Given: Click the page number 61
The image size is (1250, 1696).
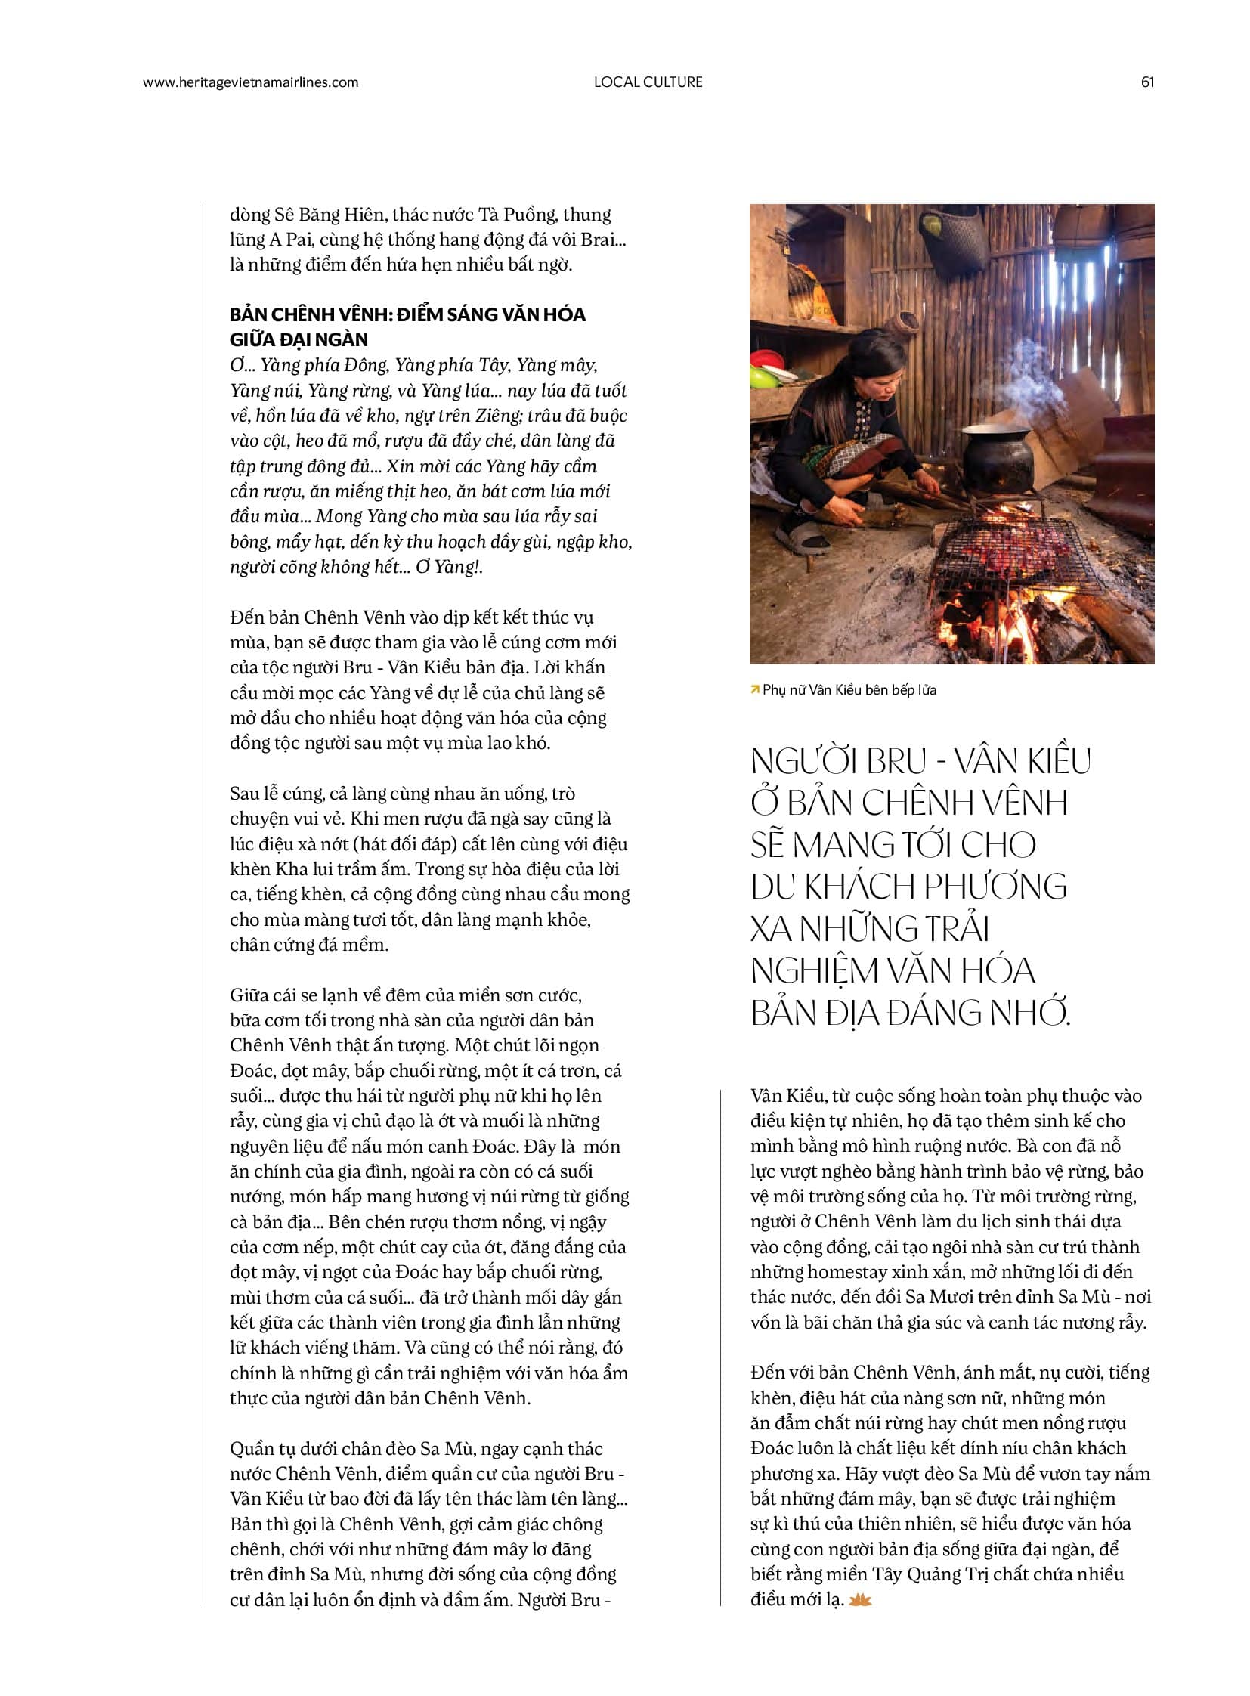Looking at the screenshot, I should (x=1147, y=82).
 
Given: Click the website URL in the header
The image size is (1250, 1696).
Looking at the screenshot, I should (x=250, y=82).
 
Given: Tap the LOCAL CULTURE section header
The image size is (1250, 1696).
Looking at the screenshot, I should (x=648, y=82).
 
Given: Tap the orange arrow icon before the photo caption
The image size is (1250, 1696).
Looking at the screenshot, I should (x=754, y=689).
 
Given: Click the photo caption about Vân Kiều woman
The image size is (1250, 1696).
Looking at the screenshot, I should (x=849, y=690).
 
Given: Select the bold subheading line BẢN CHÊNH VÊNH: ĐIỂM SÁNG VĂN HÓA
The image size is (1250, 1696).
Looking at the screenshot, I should (x=407, y=315).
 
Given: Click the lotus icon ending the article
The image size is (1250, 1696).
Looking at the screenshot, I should (x=860, y=1600).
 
